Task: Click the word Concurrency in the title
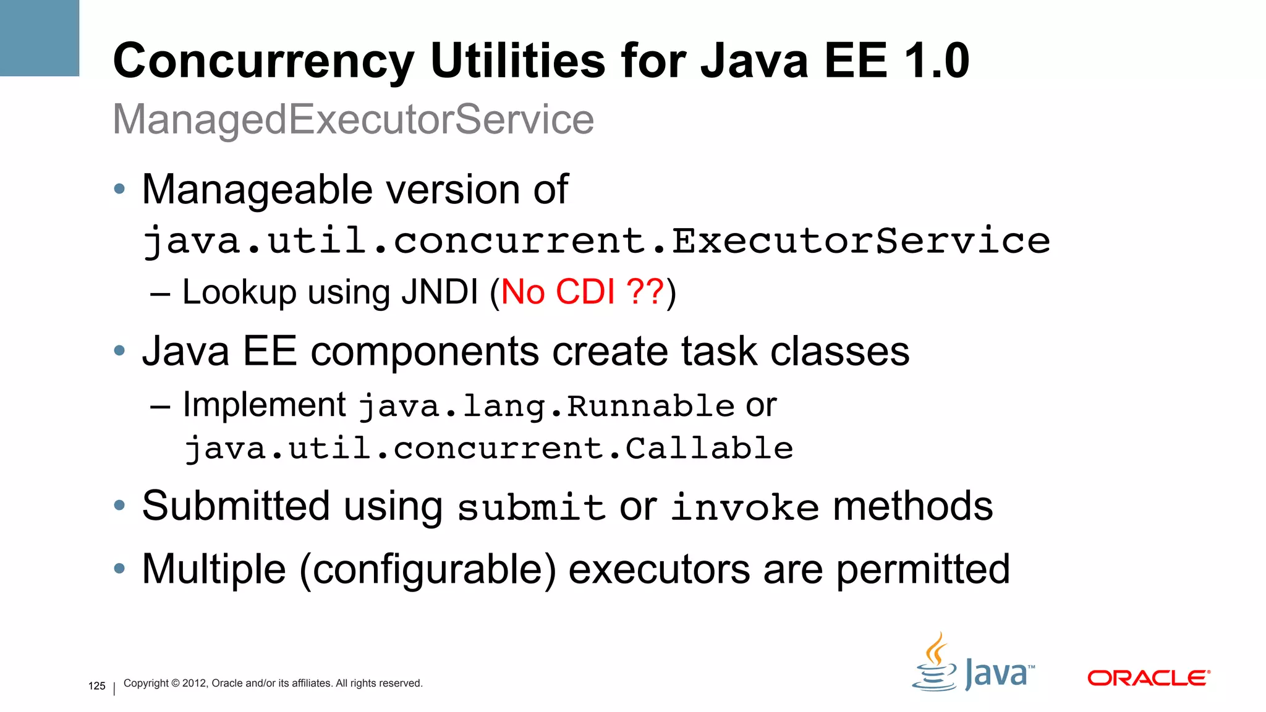pyautogui.click(x=263, y=61)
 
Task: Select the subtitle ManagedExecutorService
pyautogui.click(x=353, y=119)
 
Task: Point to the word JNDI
pyautogui.click(x=440, y=292)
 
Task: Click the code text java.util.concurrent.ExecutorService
pyautogui.click(x=596, y=240)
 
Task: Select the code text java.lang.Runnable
pyautogui.click(x=546, y=406)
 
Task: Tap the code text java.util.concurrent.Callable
pyautogui.click(x=488, y=448)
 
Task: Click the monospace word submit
pyautogui.click(x=530, y=507)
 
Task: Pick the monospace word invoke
pyautogui.click(x=745, y=507)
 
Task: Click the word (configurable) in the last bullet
pyautogui.click(x=428, y=569)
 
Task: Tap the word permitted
pyautogui.click(x=923, y=569)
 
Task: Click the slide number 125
pyautogui.click(x=97, y=686)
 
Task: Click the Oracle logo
pyautogui.click(x=1148, y=678)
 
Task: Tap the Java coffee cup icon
pyautogui.click(x=935, y=664)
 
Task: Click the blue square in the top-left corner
pyautogui.click(x=40, y=38)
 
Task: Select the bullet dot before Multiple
pyautogui.click(x=119, y=567)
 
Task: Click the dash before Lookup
pyautogui.click(x=160, y=294)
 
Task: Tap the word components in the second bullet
pyautogui.click(x=424, y=351)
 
